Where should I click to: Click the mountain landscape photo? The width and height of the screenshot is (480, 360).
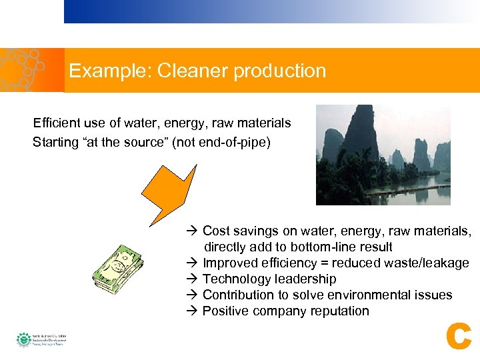click(383, 155)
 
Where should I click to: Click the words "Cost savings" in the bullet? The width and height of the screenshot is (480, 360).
click(239, 231)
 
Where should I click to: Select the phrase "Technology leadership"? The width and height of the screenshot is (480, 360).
click(269, 279)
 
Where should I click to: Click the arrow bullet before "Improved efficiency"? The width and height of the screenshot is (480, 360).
click(192, 263)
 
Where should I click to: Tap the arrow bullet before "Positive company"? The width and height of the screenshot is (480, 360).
click(192, 311)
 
